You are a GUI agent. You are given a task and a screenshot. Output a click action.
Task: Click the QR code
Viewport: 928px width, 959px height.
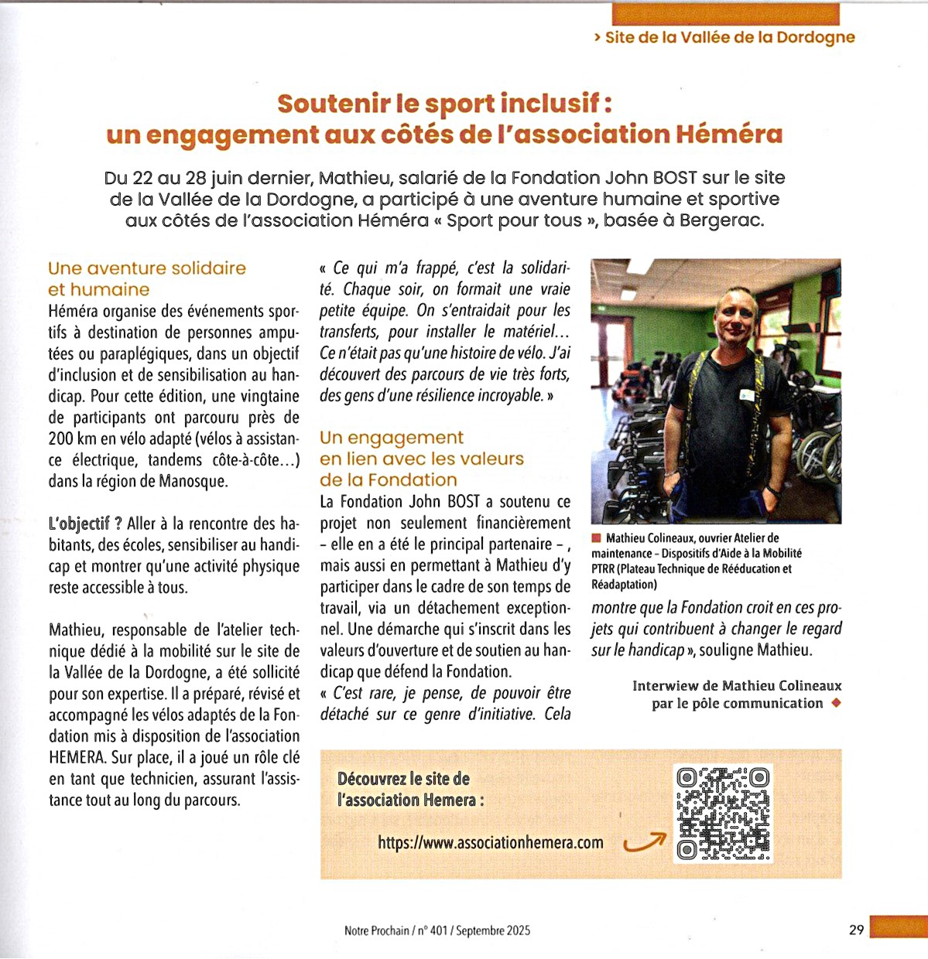pos(723,813)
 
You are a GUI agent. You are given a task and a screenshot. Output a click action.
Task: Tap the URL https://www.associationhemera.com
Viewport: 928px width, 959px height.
pos(491,842)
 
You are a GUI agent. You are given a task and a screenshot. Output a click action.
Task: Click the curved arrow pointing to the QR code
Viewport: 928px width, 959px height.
pos(645,841)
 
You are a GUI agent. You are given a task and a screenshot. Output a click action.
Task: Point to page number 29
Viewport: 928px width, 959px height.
pos(856,930)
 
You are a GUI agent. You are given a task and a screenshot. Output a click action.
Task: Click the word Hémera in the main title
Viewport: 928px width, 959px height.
pos(729,135)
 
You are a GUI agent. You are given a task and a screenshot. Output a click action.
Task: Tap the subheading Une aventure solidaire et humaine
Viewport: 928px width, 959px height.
pos(146,278)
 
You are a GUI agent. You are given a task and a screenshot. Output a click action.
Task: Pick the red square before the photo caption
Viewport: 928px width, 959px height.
pos(596,538)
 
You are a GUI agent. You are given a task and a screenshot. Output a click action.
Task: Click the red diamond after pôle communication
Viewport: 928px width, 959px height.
pos(836,703)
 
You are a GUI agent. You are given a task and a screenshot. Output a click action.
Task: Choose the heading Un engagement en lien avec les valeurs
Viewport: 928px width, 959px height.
pos(421,458)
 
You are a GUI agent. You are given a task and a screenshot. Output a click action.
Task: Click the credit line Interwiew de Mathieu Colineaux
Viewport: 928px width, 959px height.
pos(736,685)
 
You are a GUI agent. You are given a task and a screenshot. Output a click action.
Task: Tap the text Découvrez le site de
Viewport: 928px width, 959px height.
pos(403,778)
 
